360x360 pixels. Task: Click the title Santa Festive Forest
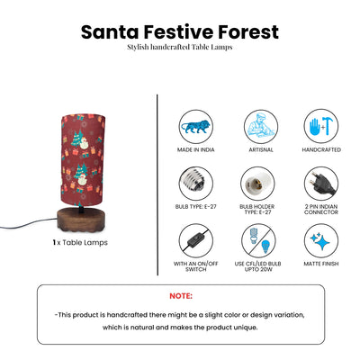(x=179, y=31)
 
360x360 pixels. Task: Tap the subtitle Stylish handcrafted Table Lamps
(x=179, y=47)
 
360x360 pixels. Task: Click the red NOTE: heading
(x=181, y=294)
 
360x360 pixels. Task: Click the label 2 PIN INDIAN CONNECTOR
(x=321, y=211)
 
